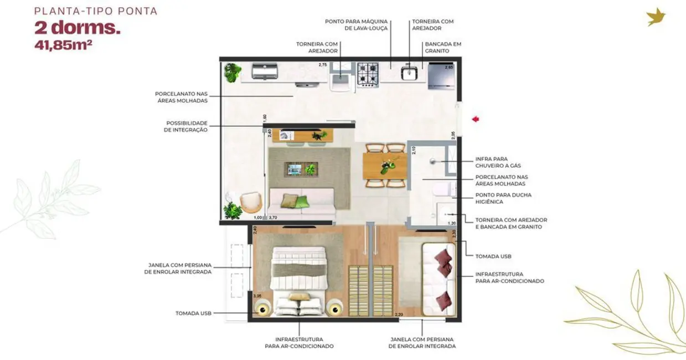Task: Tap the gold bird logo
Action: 656,17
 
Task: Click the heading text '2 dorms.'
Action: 78,28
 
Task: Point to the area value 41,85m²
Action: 63,45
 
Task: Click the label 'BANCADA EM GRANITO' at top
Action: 443,47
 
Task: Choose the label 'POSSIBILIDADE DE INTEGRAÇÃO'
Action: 187,126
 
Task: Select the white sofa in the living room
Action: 301,202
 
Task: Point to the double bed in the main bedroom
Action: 298,280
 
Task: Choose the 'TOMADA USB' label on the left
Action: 193,313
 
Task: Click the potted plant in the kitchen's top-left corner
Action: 233,73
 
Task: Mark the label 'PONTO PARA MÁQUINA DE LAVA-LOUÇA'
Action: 356,25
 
